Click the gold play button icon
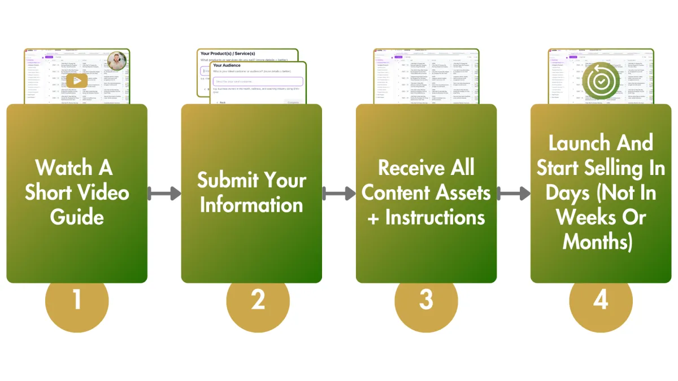[77, 81]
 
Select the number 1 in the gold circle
[77, 299]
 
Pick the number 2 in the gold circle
[258, 299]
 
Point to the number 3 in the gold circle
[426, 299]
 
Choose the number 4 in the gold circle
[601, 299]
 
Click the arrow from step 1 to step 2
[164, 194]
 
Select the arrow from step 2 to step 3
[338, 194]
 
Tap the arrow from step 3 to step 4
[513, 194]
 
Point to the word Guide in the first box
[77, 217]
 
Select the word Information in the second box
[251, 204]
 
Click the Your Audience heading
[227, 65]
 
